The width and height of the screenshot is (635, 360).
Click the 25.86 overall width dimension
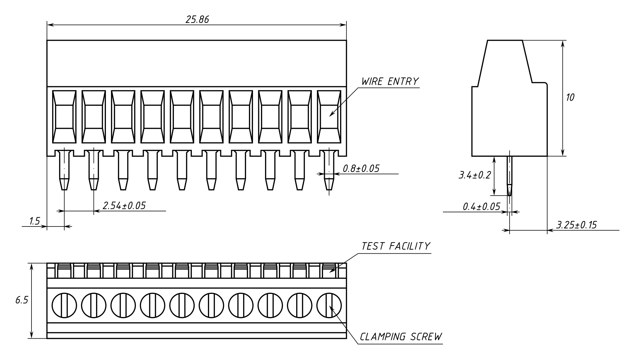(197, 19)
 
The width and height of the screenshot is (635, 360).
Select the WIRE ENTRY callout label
(390, 82)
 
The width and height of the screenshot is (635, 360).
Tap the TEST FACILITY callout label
(396, 246)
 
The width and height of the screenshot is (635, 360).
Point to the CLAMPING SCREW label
(401, 337)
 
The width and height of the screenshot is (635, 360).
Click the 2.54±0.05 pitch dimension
(124, 205)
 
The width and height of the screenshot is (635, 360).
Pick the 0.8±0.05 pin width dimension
(361, 169)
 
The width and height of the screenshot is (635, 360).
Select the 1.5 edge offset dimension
(35, 221)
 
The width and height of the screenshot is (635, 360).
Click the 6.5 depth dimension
(22, 300)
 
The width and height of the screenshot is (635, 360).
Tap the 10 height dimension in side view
(570, 98)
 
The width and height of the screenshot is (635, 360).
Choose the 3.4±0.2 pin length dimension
(474, 176)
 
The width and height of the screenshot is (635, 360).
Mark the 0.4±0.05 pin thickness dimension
(481, 206)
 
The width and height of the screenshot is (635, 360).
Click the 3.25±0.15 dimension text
(576, 225)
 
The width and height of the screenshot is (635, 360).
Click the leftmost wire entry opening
(64, 117)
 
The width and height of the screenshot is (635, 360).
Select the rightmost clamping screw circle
(329, 305)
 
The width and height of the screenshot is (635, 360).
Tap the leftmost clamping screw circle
(64, 305)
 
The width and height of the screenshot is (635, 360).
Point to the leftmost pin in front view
(64, 170)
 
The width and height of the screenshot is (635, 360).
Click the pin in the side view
(510, 176)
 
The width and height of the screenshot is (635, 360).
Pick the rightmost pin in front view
(329, 170)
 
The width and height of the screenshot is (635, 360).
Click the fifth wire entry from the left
(182, 117)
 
